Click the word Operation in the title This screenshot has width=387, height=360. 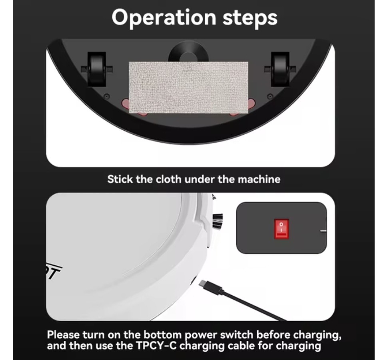[164, 18]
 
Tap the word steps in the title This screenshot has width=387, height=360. [250, 18]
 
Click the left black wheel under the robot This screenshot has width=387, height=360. [97, 70]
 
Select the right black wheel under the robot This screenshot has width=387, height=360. [280, 70]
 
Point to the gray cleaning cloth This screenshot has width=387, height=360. [188, 88]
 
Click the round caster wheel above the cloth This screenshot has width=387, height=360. [188, 53]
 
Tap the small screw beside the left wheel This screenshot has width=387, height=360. [107, 96]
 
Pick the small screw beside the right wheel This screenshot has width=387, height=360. [270, 96]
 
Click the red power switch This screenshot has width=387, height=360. [281, 229]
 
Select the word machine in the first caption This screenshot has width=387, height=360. [259, 179]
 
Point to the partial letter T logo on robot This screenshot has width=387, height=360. [54, 272]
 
